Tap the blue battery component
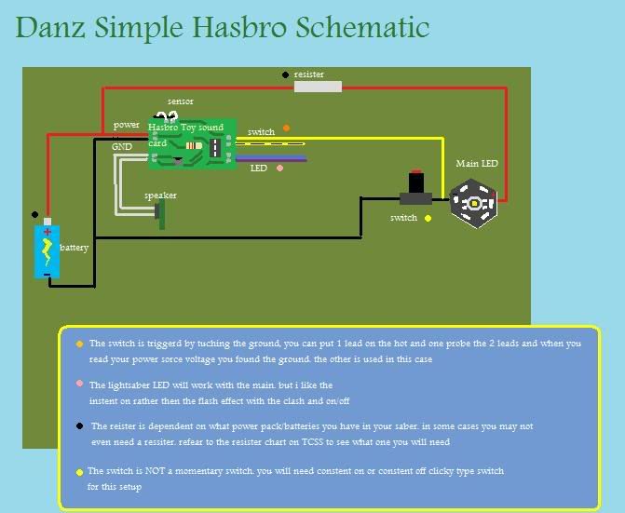(48, 250)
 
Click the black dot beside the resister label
(285, 74)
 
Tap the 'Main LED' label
(476, 164)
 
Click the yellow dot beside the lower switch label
(428, 218)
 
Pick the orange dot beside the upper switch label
(286, 128)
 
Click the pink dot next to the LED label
(279, 169)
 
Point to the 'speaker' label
(160, 196)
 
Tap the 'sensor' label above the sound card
(181, 101)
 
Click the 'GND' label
(122, 147)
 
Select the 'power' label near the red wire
(127, 125)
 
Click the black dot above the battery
(35, 213)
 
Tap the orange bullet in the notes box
(79, 344)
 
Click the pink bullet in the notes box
(80, 384)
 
